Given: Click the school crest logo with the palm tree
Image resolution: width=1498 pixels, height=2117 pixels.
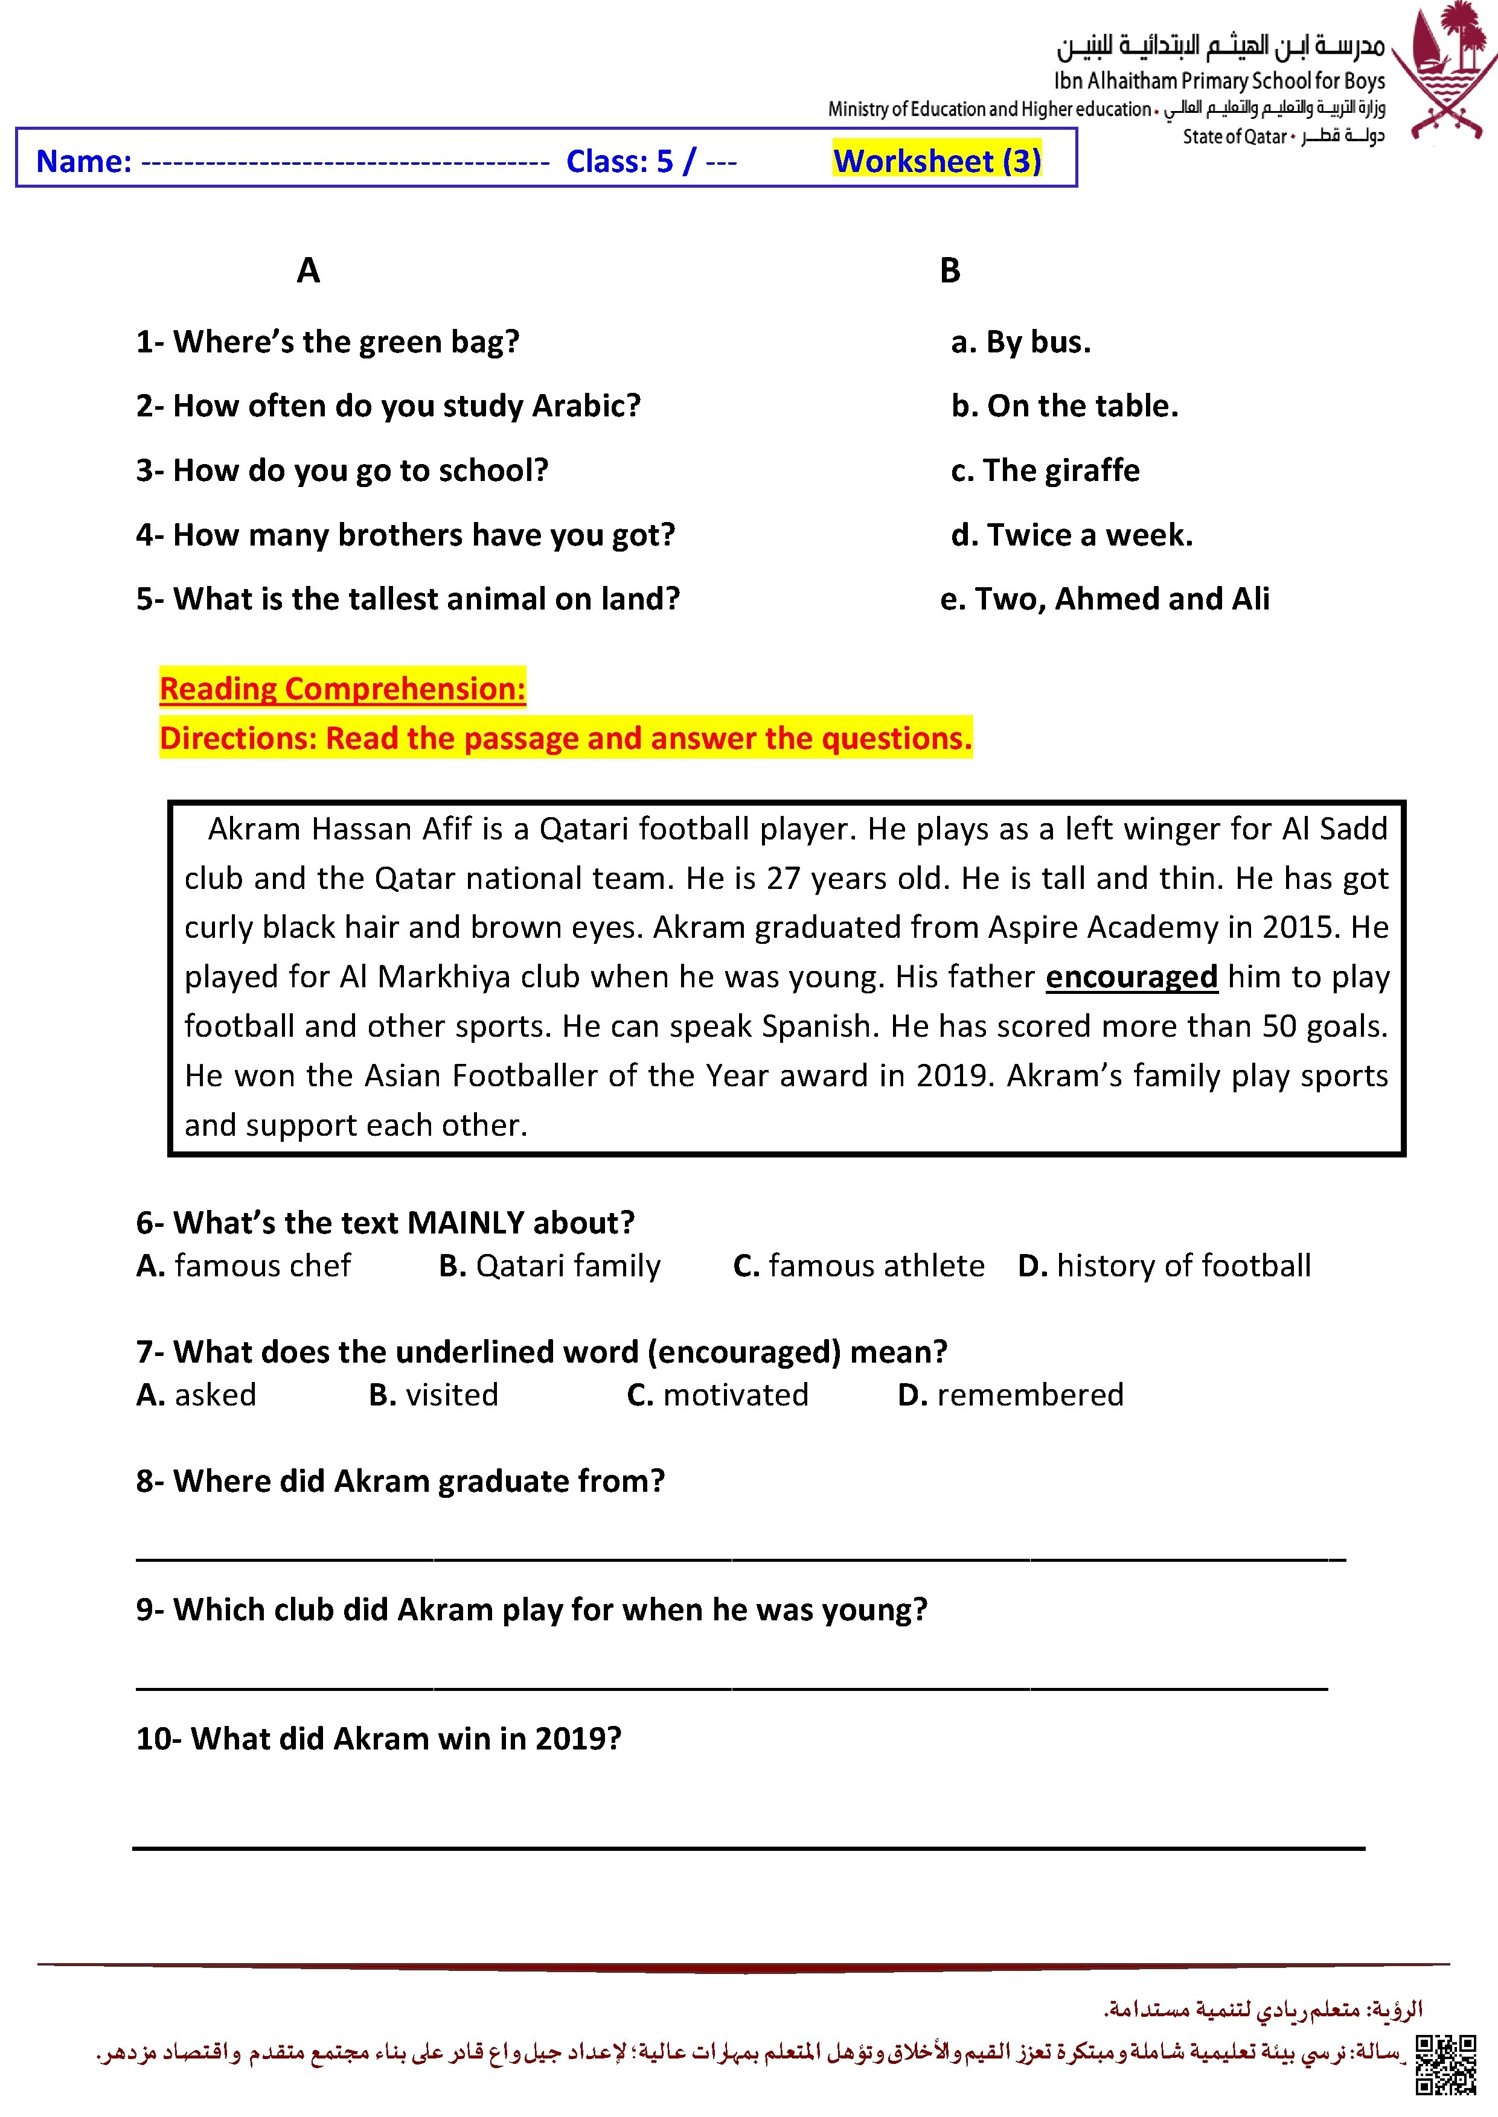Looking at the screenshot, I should click(x=1444, y=69).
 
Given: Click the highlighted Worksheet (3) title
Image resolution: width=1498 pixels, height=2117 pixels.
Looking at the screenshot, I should click(x=936, y=161).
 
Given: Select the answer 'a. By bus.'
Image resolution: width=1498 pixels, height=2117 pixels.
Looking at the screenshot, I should click(x=1020, y=343).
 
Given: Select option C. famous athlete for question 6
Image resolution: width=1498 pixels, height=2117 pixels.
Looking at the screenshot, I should click(x=859, y=1266).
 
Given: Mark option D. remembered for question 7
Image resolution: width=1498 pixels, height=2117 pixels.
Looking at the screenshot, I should click(x=1010, y=1395).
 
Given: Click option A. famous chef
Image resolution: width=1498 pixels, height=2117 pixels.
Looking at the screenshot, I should click(x=243, y=1266).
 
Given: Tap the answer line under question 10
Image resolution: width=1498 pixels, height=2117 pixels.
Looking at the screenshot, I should click(x=747, y=1847).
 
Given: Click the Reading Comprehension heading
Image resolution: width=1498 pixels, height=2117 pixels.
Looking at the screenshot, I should click(x=342, y=689).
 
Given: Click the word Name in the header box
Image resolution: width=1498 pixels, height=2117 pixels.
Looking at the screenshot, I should click(x=83, y=161).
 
